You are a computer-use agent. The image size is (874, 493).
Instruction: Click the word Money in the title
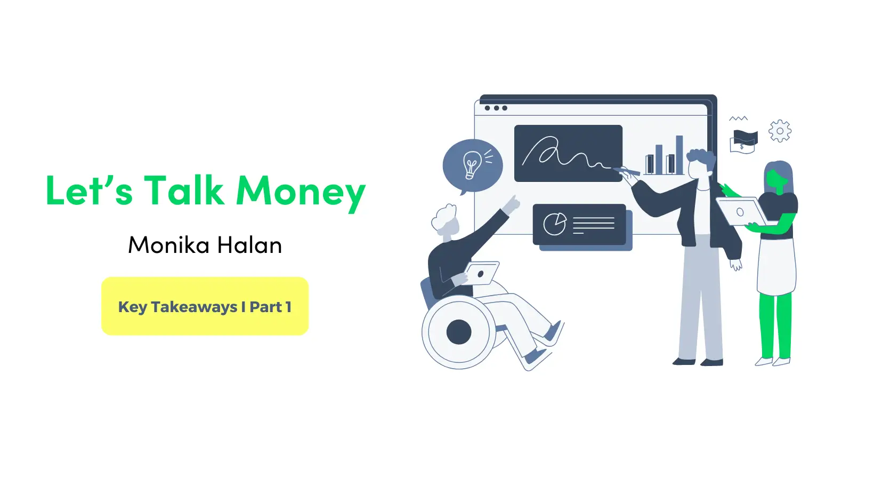pyautogui.click(x=301, y=192)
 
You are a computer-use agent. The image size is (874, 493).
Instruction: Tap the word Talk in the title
pyautogui.click(x=184, y=190)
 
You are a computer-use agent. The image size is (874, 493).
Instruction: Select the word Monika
pyautogui.click(x=169, y=245)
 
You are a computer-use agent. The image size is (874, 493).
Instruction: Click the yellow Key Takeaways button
pyautogui.click(x=205, y=306)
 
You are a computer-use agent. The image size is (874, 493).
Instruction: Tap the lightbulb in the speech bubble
pyautogui.click(x=471, y=164)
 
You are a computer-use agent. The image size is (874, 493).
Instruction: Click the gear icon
pyautogui.click(x=780, y=131)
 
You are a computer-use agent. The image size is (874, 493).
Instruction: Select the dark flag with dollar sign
pyautogui.click(x=744, y=140)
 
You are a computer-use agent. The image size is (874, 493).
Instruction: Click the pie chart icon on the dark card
pyautogui.click(x=554, y=224)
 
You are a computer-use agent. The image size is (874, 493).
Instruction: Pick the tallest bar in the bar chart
pyautogui.click(x=679, y=155)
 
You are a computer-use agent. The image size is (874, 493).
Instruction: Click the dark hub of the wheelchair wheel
pyautogui.click(x=459, y=332)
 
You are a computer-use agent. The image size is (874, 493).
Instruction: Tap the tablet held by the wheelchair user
pyautogui.click(x=482, y=273)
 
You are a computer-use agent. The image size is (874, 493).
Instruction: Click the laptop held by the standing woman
pyautogui.click(x=741, y=212)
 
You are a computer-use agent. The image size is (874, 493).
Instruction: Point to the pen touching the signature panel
pyautogui.click(x=627, y=171)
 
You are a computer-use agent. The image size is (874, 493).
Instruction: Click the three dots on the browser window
pyautogui.click(x=496, y=108)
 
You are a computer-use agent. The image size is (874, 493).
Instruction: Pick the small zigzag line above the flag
pyautogui.click(x=738, y=118)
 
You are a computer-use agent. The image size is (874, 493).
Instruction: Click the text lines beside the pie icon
pyautogui.click(x=593, y=225)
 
